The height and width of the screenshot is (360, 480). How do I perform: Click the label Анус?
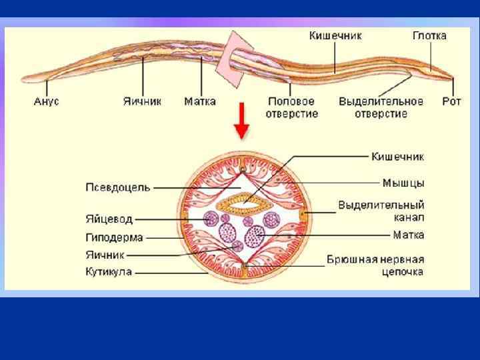(x=46, y=102)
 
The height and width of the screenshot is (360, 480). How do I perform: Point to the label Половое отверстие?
(x=293, y=107)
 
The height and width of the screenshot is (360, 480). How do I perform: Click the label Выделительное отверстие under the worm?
(x=381, y=107)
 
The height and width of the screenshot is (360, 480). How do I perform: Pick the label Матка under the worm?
(x=200, y=102)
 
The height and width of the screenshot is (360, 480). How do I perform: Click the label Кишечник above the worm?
(x=335, y=35)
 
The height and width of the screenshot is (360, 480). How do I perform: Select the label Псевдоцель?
(x=117, y=187)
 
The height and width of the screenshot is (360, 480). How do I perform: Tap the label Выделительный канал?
(x=381, y=211)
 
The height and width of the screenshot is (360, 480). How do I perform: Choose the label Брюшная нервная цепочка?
(x=375, y=265)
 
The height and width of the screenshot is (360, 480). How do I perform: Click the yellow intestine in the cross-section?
(x=245, y=199)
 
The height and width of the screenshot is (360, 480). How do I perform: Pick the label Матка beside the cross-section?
(x=408, y=235)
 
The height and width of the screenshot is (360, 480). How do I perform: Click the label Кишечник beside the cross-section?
(x=398, y=157)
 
